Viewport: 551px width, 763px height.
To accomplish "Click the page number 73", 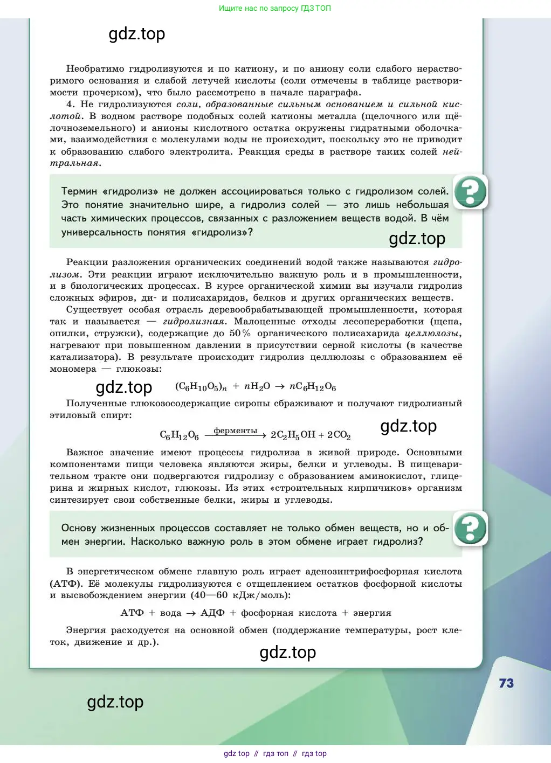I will [506, 683].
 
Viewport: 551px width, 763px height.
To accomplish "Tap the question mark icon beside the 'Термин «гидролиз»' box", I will [471, 191].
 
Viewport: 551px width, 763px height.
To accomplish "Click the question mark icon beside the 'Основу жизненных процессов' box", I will [471, 528].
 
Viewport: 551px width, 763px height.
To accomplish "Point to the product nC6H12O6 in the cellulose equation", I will [313, 387].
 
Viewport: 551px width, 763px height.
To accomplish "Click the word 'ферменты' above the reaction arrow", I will [236, 431].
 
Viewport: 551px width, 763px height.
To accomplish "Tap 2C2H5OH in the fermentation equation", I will [293, 435].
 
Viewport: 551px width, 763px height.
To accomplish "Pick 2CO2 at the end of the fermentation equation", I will [339, 435].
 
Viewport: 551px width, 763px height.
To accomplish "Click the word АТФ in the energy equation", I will [132, 613].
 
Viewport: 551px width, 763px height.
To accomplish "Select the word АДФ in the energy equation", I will [212, 613].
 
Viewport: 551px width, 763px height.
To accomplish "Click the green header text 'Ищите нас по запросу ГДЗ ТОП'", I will [275, 8].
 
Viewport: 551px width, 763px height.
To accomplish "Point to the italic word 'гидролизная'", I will [194, 322].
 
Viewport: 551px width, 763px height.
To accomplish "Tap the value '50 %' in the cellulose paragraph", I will [240, 334].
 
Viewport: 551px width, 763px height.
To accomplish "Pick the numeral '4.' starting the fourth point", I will [71, 105].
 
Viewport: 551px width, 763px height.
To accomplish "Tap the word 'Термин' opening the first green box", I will [79, 191].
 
